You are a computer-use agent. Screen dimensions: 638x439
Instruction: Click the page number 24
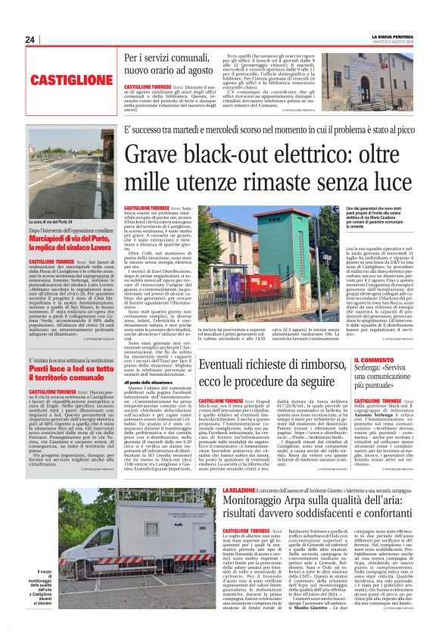click(x=30, y=39)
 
